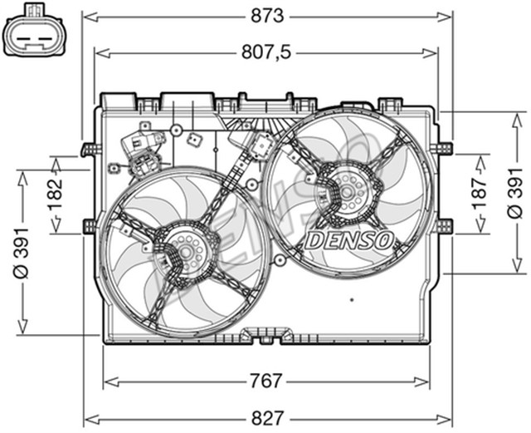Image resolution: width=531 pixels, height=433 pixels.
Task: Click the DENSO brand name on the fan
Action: click(x=349, y=239)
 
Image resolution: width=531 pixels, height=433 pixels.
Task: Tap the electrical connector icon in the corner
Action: click(x=34, y=32)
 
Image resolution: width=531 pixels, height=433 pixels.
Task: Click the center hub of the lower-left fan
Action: click(x=184, y=251)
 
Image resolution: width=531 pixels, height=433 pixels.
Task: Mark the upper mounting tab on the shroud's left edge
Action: click(x=86, y=150)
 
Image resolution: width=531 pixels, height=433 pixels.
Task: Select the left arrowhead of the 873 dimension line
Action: click(x=85, y=16)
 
